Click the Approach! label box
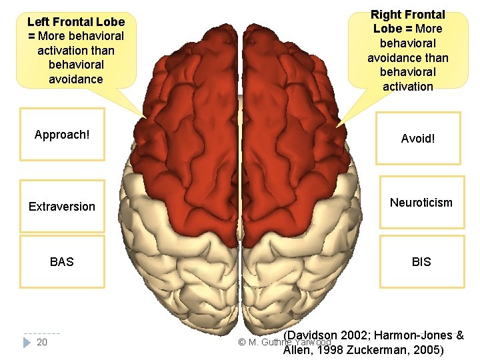pos(62,135)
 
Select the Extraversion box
pos(62,207)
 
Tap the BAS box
pos(62,262)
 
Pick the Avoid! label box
pos(418,139)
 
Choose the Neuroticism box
pos(421,203)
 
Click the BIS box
pos(421,262)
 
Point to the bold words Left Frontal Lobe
pos(75,22)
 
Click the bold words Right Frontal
pos(408,14)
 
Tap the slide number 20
pos(41,343)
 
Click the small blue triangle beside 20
pos(27,343)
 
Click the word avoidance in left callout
pos(75,79)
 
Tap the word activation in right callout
pos(408,87)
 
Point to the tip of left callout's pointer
pos(146,119)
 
